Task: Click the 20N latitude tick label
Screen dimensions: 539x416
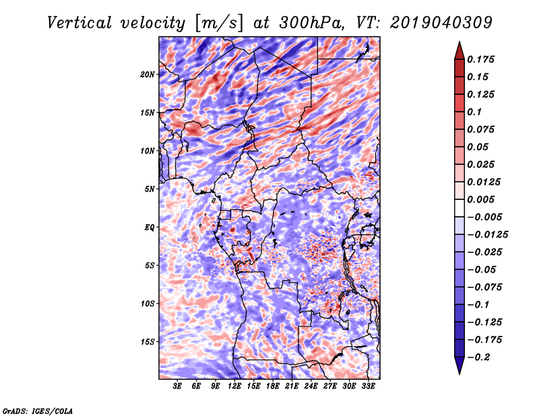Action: pos(147,75)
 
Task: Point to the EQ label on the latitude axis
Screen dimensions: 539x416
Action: pos(149,228)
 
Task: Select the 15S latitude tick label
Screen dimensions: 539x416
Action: pos(148,342)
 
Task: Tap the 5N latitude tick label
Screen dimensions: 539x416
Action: pos(150,189)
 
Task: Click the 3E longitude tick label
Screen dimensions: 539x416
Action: pos(177,386)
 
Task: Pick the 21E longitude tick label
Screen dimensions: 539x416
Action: pos(292,386)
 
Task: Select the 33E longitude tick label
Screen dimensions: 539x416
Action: pos(368,386)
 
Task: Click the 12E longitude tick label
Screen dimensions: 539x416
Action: pos(234,386)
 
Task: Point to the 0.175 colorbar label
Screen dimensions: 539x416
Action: pos(480,59)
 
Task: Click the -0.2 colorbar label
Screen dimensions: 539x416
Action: pos(478,357)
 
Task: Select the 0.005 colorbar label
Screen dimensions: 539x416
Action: pos(480,199)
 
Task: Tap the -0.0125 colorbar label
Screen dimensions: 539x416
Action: pos(487,235)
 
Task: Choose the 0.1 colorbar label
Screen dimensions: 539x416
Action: pos(474,112)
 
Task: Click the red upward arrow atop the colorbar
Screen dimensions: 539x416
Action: pos(459,51)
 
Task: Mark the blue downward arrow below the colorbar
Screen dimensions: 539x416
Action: pos(459,365)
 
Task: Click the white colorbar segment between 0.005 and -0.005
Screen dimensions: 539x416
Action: pos(459,208)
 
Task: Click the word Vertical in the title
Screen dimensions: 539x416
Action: pos(80,24)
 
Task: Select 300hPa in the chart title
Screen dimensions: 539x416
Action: pos(311,24)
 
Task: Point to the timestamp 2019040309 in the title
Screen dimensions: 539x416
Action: pos(441,24)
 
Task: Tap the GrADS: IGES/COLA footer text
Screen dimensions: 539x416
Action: pos(38,411)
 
